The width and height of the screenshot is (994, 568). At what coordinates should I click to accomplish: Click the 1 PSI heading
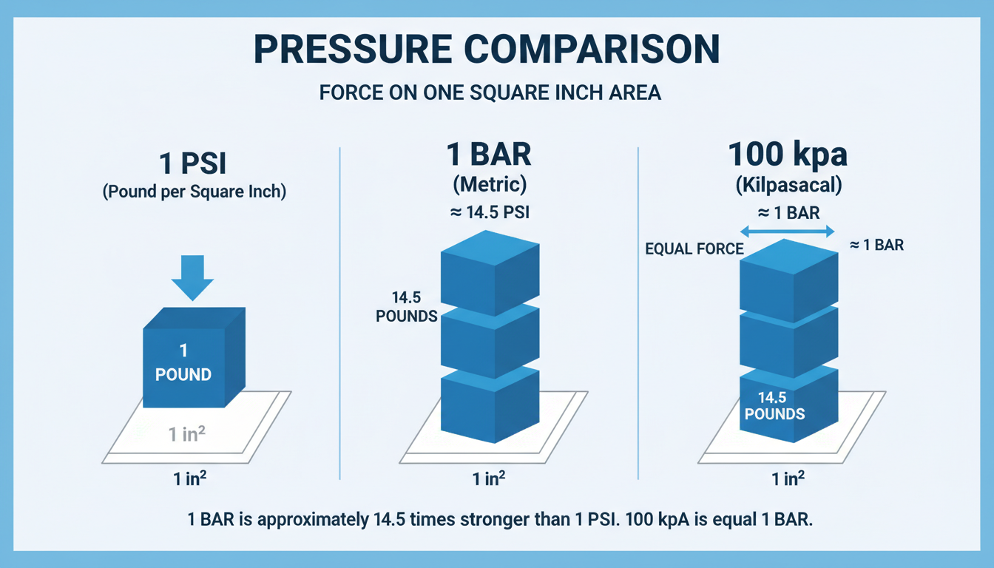coord(194,162)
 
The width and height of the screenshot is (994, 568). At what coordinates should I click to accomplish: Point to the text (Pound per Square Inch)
coord(194,192)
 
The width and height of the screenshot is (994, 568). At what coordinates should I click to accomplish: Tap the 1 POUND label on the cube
coord(183,363)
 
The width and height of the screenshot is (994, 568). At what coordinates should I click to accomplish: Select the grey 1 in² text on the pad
coord(185,434)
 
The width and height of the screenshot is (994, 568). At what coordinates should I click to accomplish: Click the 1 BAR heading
coord(489,156)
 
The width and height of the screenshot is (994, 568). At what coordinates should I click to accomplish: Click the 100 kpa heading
coord(788,156)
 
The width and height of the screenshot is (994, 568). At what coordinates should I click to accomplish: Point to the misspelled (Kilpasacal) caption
coord(788,185)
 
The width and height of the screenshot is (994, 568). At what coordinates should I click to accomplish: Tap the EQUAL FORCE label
coord(694,249)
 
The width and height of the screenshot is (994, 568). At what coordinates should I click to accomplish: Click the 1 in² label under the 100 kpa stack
coord(788,479)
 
